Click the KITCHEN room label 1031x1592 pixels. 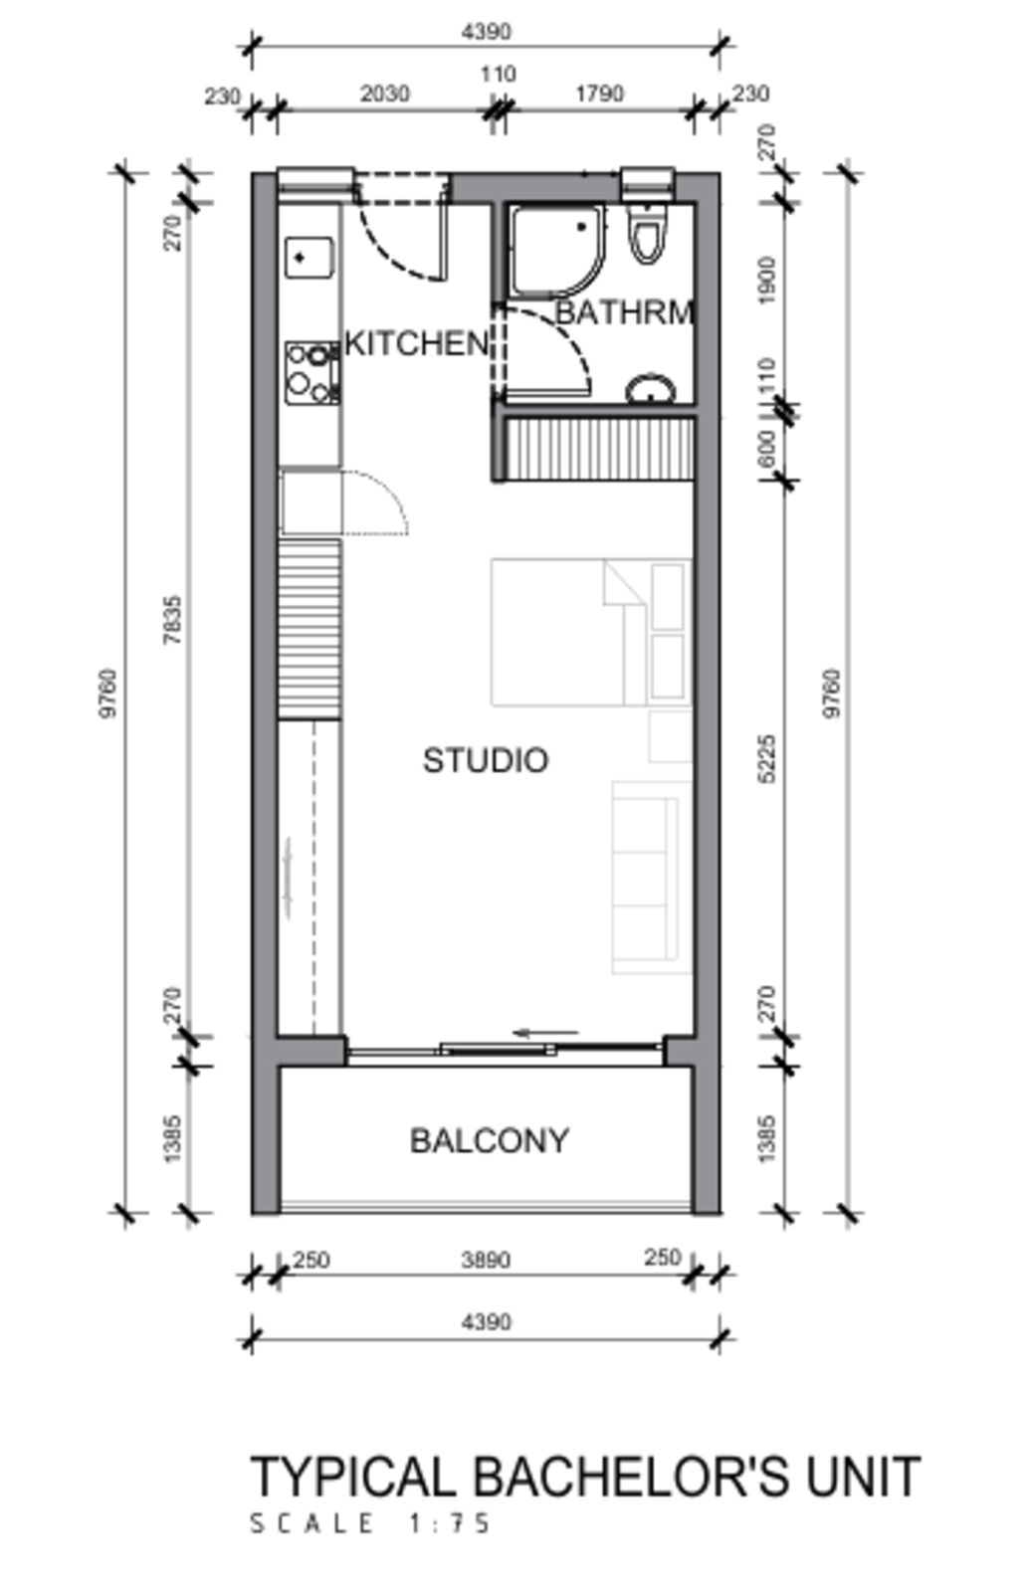click(417, 344)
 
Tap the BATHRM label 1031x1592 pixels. click(624, 312)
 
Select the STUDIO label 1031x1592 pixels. click(486, 760)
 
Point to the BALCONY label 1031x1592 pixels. click(490, 1140)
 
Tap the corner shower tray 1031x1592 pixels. click(558, 251)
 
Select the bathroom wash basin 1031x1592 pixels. click(650, 389)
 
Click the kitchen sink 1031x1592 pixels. click(309, 258)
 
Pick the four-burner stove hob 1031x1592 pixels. click(312, 373)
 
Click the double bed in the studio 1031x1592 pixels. click(591, 632)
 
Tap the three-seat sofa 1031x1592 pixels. click(652, 877)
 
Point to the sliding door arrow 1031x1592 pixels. click(546, 1033)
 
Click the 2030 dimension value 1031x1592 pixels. click(385, 94)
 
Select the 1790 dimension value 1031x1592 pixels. click(599, 94)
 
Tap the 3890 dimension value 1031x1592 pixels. click(486, 1260)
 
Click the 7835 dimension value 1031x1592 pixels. click(173, 620)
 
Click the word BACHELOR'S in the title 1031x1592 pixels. click(631, 1477)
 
